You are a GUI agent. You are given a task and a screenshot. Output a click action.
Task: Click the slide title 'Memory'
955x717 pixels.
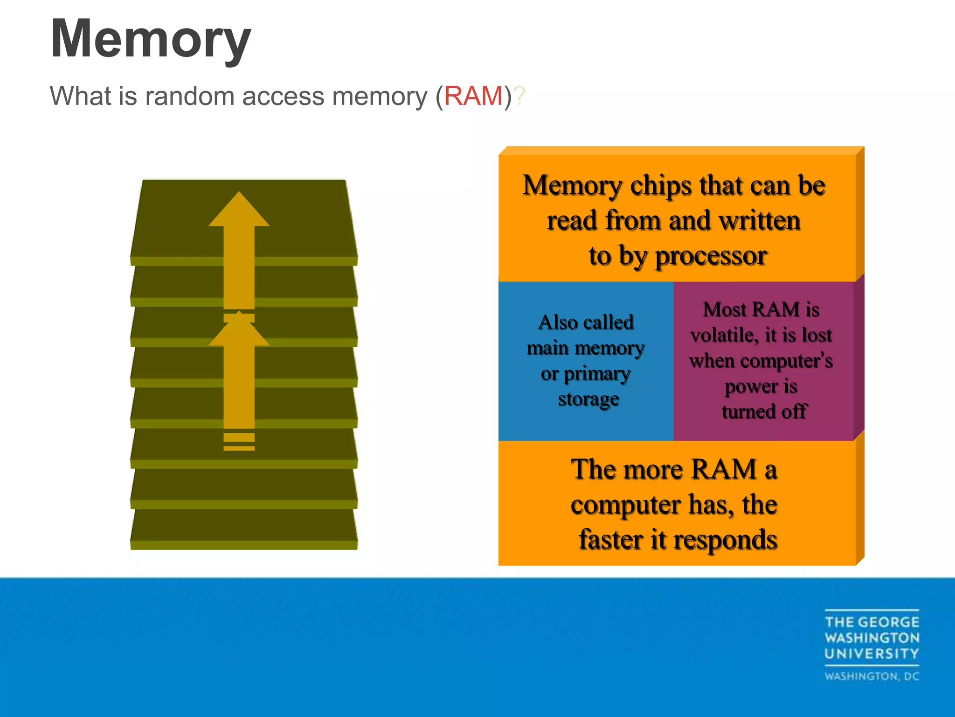click(x=151, y=40)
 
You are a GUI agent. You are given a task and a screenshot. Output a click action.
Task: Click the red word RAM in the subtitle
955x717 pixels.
click(x=473, y=96)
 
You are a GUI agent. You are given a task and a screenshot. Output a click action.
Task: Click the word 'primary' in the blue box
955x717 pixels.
click(x=597, y=374)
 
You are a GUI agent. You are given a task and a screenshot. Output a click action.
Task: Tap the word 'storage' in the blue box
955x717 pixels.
click(x=588, y=400)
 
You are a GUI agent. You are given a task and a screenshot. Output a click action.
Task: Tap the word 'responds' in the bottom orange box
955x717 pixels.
click(x=725, y=541)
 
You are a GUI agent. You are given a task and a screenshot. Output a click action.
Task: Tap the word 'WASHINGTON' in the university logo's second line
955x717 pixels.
click(x=872, y=638)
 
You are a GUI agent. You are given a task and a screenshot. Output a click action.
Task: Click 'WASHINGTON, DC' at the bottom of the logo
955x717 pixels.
click(x=872, y=676)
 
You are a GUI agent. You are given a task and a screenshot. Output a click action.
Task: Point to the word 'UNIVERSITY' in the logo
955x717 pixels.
click(x=872, y=654)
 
